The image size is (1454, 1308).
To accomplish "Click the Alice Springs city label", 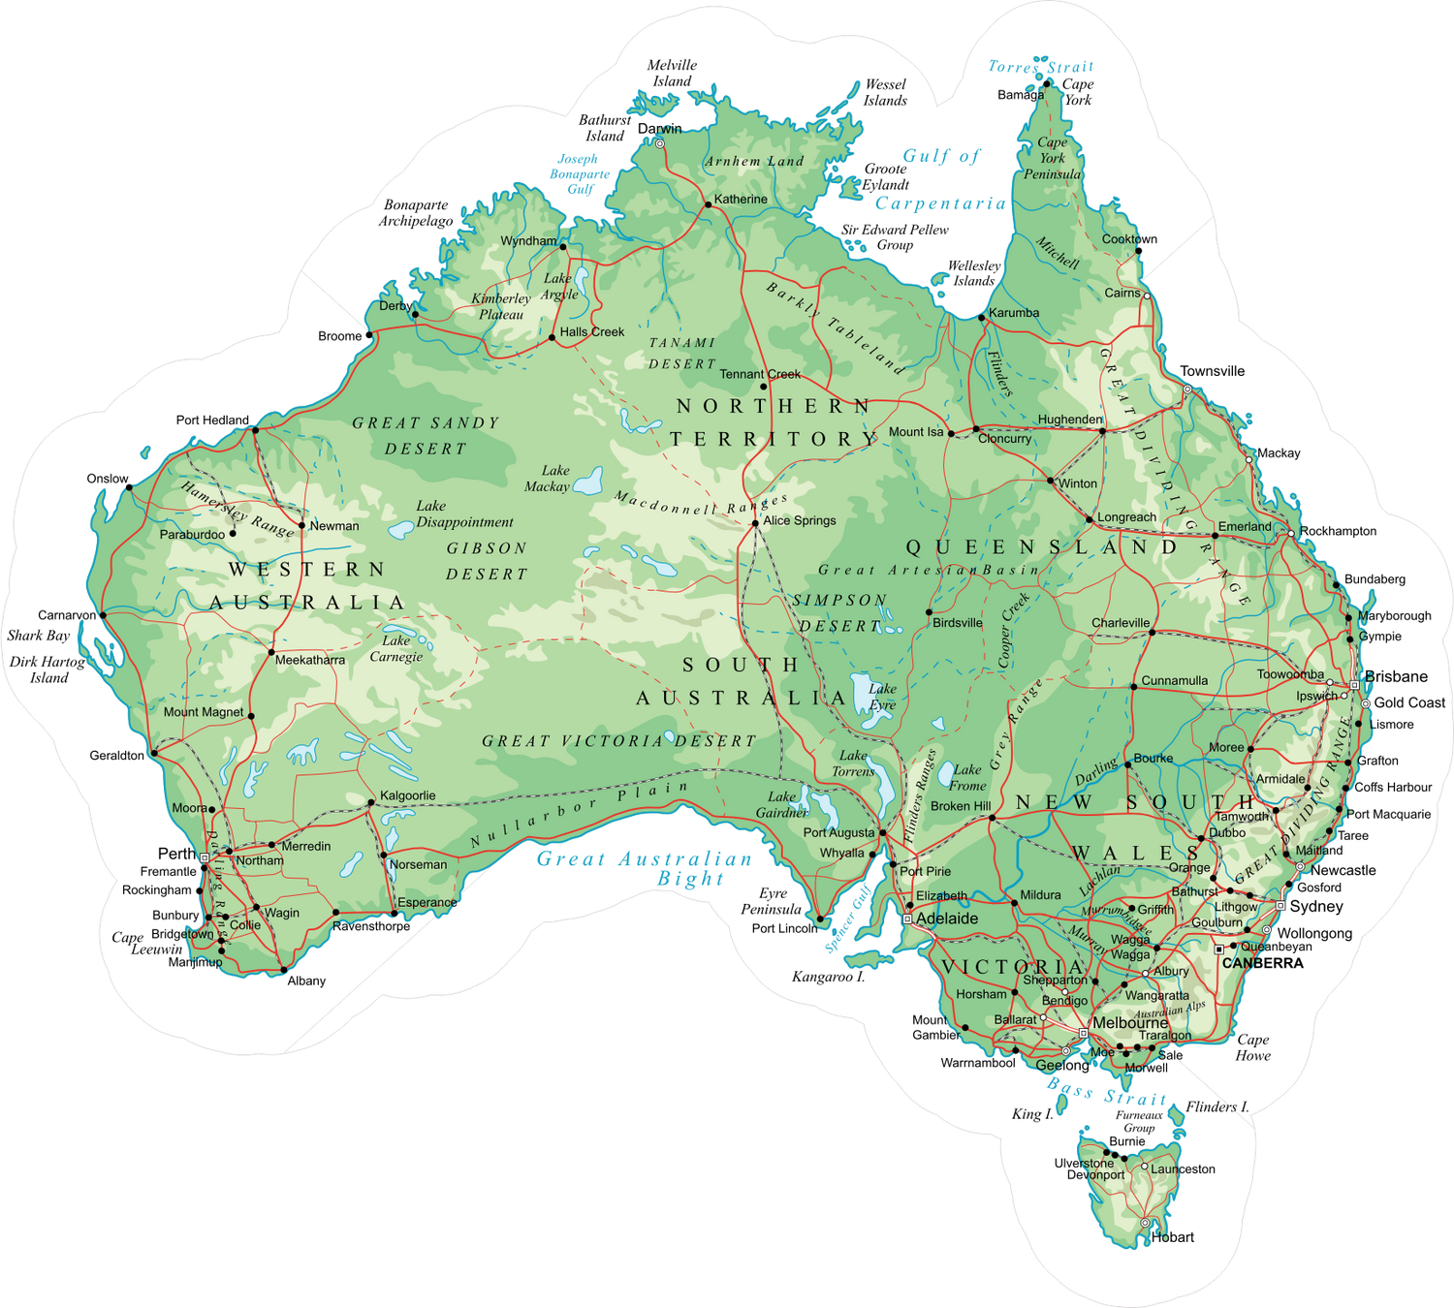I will (799, 520).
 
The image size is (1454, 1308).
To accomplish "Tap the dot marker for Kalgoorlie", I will (370, 802).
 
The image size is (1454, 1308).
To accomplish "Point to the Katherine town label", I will (741, 200).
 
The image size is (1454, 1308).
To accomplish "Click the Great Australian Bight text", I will (644, 867).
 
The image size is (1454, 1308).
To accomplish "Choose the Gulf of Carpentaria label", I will (940, 180).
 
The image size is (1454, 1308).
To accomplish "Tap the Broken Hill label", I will (961, 806).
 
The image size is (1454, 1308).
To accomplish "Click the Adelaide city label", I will (947, 919).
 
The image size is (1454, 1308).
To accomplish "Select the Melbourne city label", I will (1130, 1023).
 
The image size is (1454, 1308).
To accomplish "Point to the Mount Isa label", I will (916, 432).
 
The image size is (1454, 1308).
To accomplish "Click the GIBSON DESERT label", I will (487, 561).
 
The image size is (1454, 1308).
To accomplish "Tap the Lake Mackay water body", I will (588, 481).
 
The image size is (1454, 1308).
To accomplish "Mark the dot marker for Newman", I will (301, 526).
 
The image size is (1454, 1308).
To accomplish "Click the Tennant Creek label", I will (760, 374).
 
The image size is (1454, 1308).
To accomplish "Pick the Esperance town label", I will (427, 902).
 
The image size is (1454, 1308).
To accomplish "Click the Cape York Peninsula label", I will (1053, 158).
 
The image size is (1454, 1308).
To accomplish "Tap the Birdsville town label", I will (958, 623).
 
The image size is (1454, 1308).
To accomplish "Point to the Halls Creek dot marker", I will (552, 337).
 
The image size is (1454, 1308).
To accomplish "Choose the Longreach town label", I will (1126, 517).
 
